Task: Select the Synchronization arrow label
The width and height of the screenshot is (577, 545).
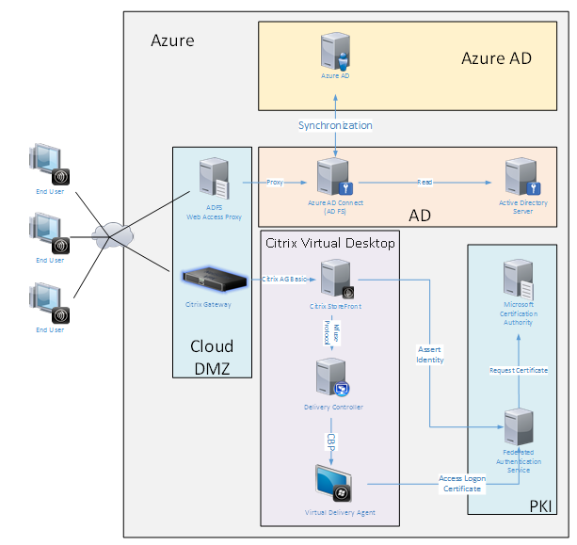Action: point(335,125)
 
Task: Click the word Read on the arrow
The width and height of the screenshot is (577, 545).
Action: point(426,182)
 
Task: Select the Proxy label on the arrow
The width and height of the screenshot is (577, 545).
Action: point(274,182)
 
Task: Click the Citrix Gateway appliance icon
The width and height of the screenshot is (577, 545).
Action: point(208,278)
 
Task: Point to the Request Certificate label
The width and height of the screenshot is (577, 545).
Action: point(519,370)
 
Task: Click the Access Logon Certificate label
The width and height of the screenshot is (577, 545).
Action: point(461,484)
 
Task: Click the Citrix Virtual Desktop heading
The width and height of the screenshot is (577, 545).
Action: point(330,244)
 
